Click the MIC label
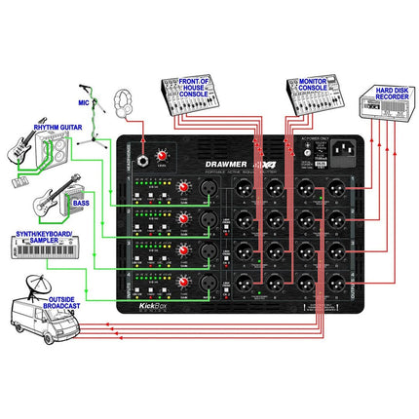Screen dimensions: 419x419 point(85,100)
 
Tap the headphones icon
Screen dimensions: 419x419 point(124,101)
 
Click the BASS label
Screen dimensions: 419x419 point(80,203)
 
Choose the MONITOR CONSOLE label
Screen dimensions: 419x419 point(311,85)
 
